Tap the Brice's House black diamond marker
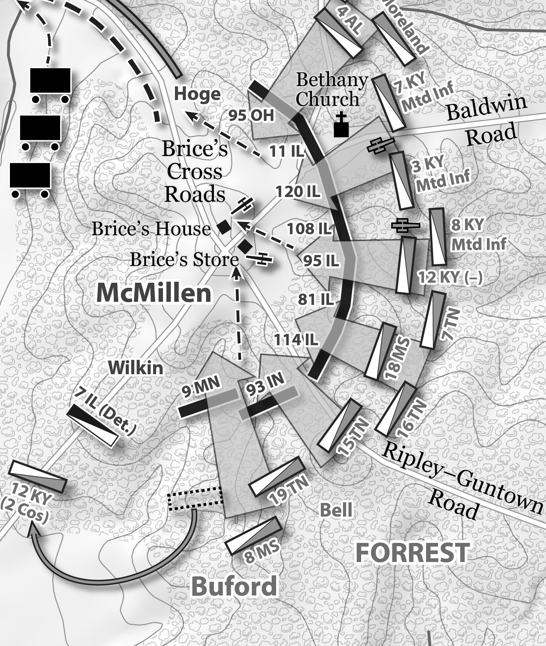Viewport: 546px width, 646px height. click(224, 227)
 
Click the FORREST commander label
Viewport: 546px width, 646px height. click(412, 552)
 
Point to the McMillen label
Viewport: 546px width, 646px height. click(154, 293)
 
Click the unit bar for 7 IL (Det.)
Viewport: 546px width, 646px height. click(92, 425)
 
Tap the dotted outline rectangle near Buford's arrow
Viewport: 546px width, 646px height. click(195, 498)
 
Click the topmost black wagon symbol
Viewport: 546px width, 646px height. click(51, 81)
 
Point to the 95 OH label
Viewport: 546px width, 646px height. click(251, 116)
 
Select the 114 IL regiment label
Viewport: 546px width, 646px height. click(296, 340)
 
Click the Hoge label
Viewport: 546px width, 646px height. click(197, 94)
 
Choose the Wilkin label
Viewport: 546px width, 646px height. click(136, 368)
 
